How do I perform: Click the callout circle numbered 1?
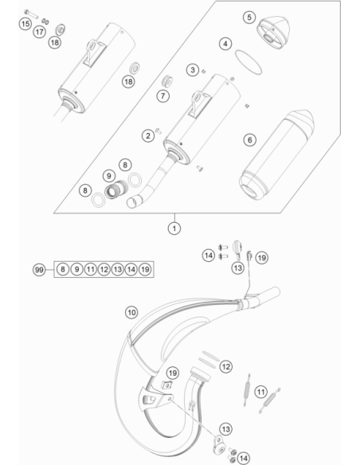(174, 229)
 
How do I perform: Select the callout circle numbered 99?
(39, 270)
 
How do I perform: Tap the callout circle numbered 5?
(249, 18)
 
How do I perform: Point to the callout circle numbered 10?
(131, 312)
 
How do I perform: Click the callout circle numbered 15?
(25, 23)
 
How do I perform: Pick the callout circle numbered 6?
(249, 139)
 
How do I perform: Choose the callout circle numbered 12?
(226, 366)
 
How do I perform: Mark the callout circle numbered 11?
(260, 392)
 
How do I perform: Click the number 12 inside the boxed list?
(104, 269)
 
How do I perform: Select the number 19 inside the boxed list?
(145, 269)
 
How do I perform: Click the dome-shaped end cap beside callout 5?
(272, 32)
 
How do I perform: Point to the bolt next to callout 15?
(30, 14)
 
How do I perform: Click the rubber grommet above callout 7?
(167, 81)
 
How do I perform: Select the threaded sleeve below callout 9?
(116, 189)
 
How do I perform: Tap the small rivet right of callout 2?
(158, 131)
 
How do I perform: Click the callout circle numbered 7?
(162, 96)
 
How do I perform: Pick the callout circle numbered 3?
(193, 70)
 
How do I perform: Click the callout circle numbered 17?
(39, 31)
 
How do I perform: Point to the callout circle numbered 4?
(225, 44)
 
